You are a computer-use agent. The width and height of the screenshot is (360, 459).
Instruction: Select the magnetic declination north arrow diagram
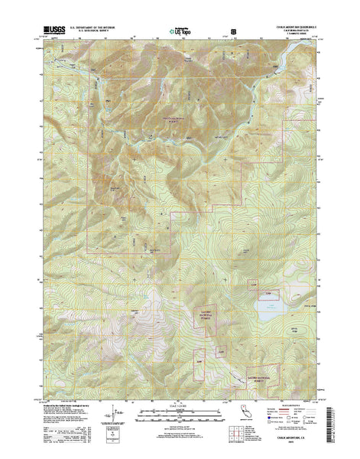(x=115, y=418)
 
